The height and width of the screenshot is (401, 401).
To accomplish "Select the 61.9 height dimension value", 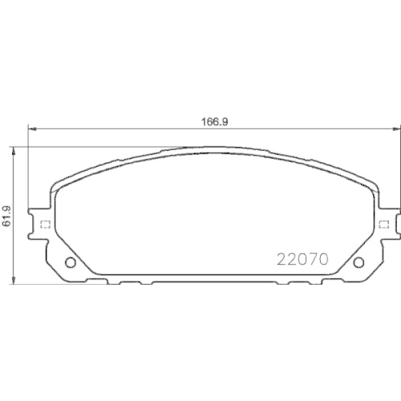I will [6, 214].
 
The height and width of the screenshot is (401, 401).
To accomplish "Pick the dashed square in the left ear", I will [46, 224].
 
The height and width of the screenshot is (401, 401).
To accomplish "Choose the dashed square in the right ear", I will [383, 224].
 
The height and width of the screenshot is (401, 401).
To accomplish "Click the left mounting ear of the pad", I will [40, 224].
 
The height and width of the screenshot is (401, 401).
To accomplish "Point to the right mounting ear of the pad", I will [387, 224].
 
